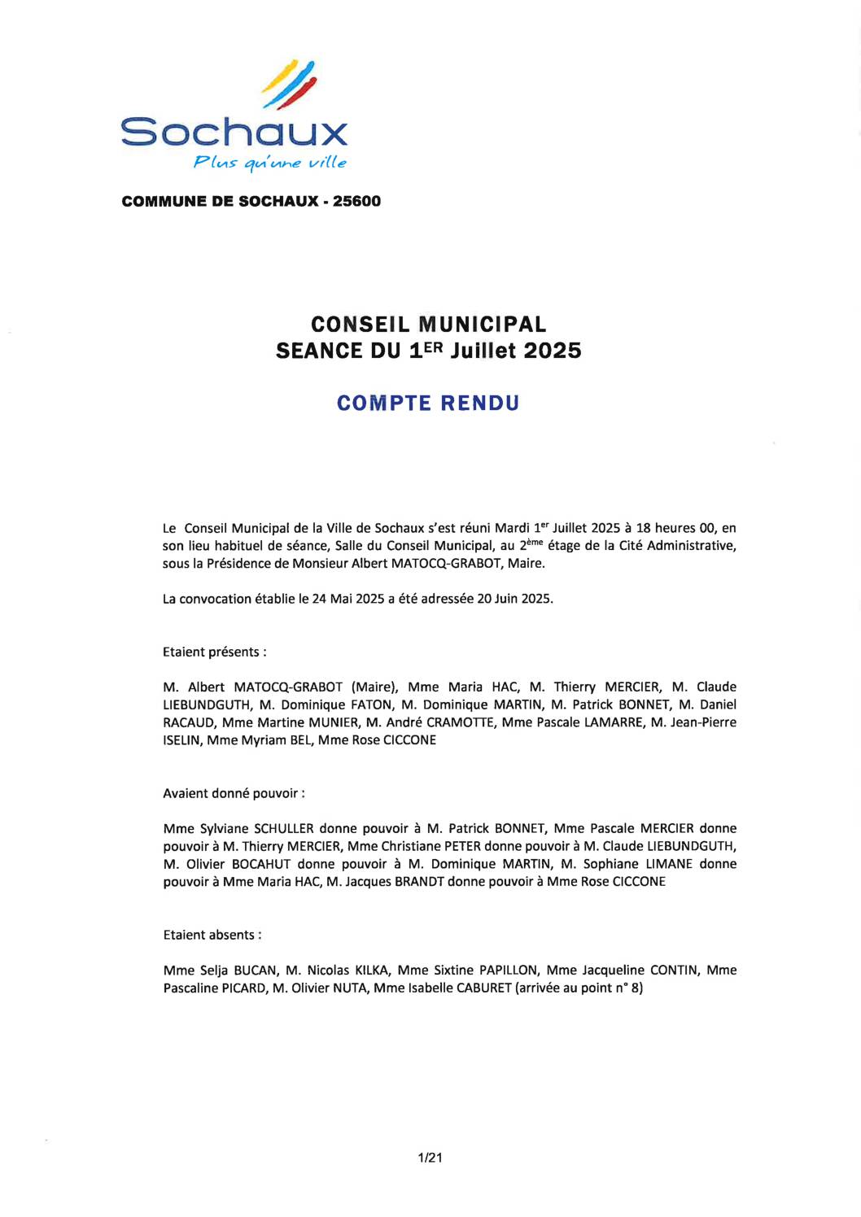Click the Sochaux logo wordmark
pos(234,131)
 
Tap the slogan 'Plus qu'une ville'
pos(269,163)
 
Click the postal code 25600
pos(356,201)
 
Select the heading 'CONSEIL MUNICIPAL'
pos(428,325)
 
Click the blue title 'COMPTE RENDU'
pos(428,403)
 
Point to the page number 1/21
pos(430,1158)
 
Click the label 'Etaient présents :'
pos(215,652)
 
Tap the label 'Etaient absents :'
pos(212,935)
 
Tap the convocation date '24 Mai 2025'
pos(348,599)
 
